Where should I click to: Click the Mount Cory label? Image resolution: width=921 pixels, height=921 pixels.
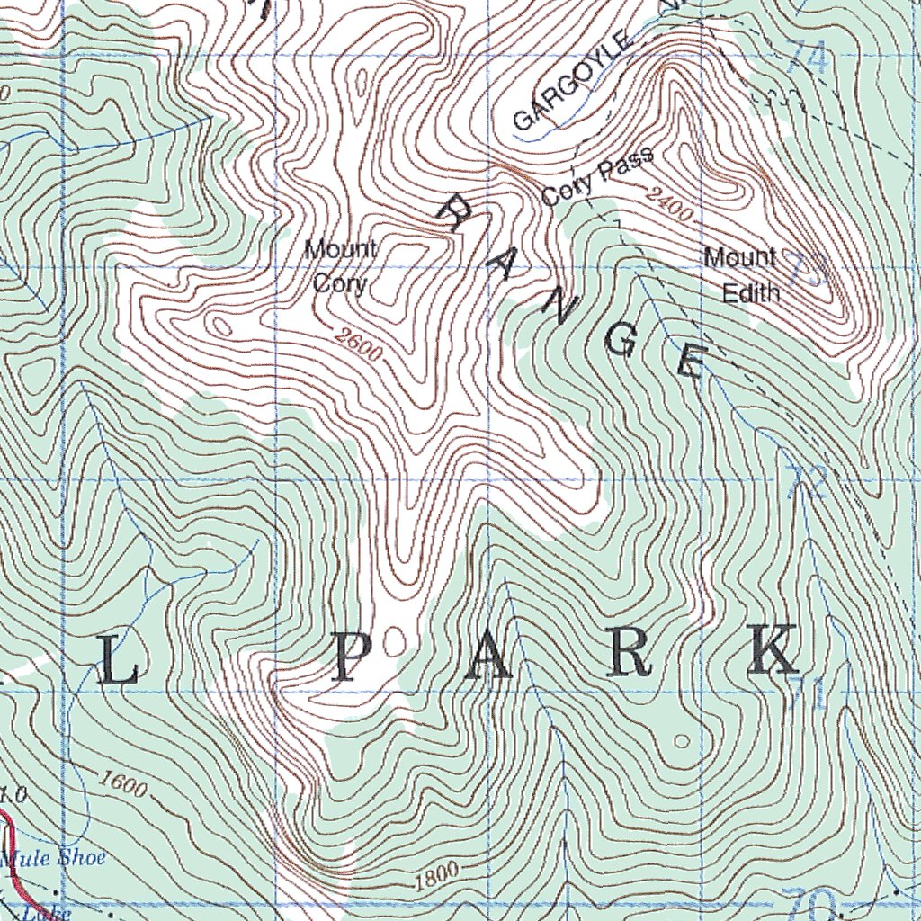coord(340,266)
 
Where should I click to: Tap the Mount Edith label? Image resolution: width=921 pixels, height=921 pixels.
coord(741,274)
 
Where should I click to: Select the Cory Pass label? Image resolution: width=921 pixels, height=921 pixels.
coord(597,177)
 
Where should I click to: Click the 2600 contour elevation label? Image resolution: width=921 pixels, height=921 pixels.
coord(357,346)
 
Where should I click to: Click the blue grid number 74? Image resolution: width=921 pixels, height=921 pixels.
coord(807,58)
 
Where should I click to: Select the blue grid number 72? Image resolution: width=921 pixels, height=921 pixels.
coord(807,483)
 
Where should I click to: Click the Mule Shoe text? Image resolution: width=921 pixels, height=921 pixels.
coord(52,857)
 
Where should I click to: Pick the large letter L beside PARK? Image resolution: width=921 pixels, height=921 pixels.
coord(118,665)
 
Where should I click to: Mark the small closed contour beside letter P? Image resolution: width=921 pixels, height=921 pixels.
coord(393,641)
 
